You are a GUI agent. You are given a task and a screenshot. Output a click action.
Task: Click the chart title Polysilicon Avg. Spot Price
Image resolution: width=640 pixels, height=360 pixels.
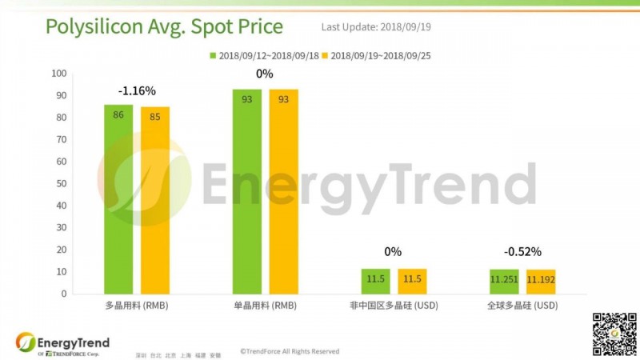(164, 27)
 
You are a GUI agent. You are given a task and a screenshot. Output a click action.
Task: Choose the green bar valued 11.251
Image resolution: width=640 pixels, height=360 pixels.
(502, 281)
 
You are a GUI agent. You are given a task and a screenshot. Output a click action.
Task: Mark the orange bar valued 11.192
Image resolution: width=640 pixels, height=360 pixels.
(540, 281)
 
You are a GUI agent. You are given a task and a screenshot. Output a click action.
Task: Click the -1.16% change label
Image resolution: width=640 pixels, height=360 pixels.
(136, 91)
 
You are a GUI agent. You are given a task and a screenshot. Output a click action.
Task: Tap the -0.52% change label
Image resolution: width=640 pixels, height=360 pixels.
(522, 252)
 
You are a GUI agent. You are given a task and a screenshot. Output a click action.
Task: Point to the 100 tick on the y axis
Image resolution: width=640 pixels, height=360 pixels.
(58, 74)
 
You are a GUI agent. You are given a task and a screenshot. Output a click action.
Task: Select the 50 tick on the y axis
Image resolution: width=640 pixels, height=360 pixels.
(60, 184)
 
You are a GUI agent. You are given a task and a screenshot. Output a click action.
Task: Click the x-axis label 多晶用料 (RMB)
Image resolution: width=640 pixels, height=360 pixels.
(137, 306)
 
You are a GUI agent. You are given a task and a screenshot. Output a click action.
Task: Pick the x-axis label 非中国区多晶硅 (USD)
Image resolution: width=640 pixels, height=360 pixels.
(394, 306)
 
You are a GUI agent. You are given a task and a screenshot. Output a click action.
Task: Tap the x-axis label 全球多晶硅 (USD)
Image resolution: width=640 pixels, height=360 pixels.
(522, 306)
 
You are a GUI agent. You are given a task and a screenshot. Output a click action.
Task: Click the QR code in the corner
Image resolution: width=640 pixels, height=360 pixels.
(612, 333)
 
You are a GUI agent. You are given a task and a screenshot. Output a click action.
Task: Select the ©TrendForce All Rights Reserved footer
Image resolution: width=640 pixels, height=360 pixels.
(290, 351)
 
